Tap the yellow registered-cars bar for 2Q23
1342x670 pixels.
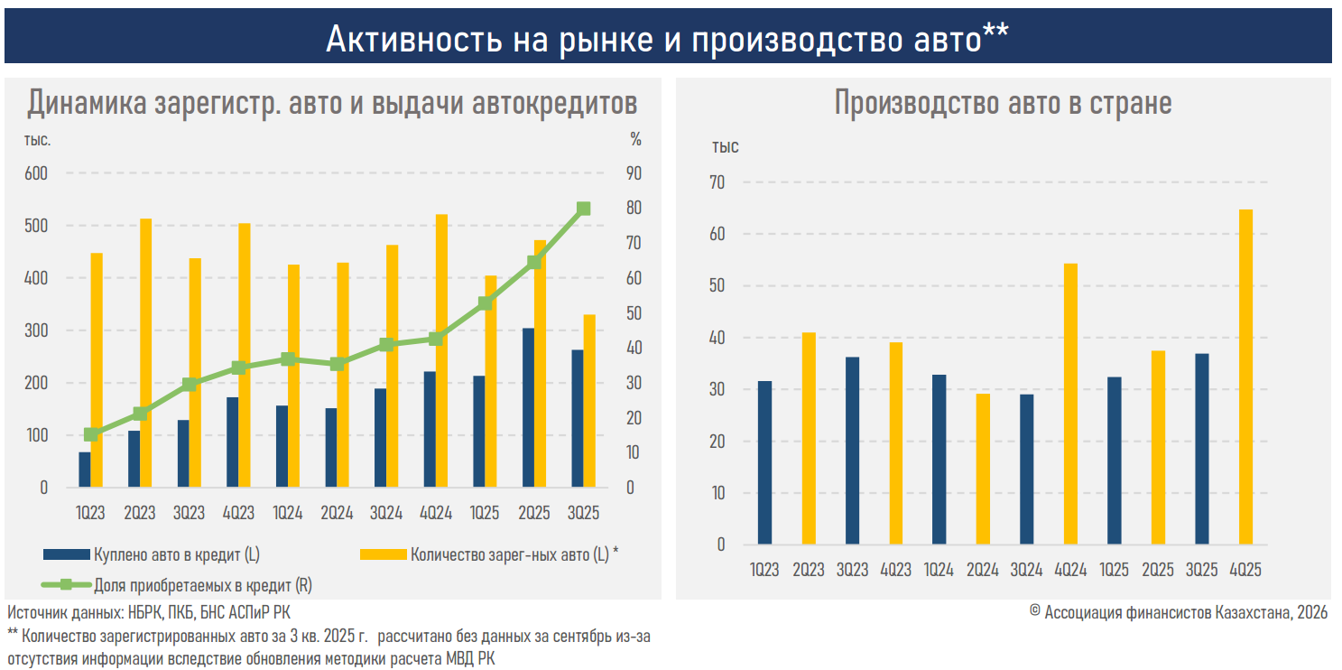145,353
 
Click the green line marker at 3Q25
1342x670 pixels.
583,209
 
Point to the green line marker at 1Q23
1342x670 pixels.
90,434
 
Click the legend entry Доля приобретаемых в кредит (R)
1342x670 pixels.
202,585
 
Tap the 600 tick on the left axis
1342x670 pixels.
36,173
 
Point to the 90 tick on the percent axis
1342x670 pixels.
635,173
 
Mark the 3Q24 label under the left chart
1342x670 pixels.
386,513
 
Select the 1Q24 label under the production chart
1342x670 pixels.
939,570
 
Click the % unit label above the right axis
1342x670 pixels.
635,140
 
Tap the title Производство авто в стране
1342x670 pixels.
1003,103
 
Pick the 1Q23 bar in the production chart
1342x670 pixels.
764,462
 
